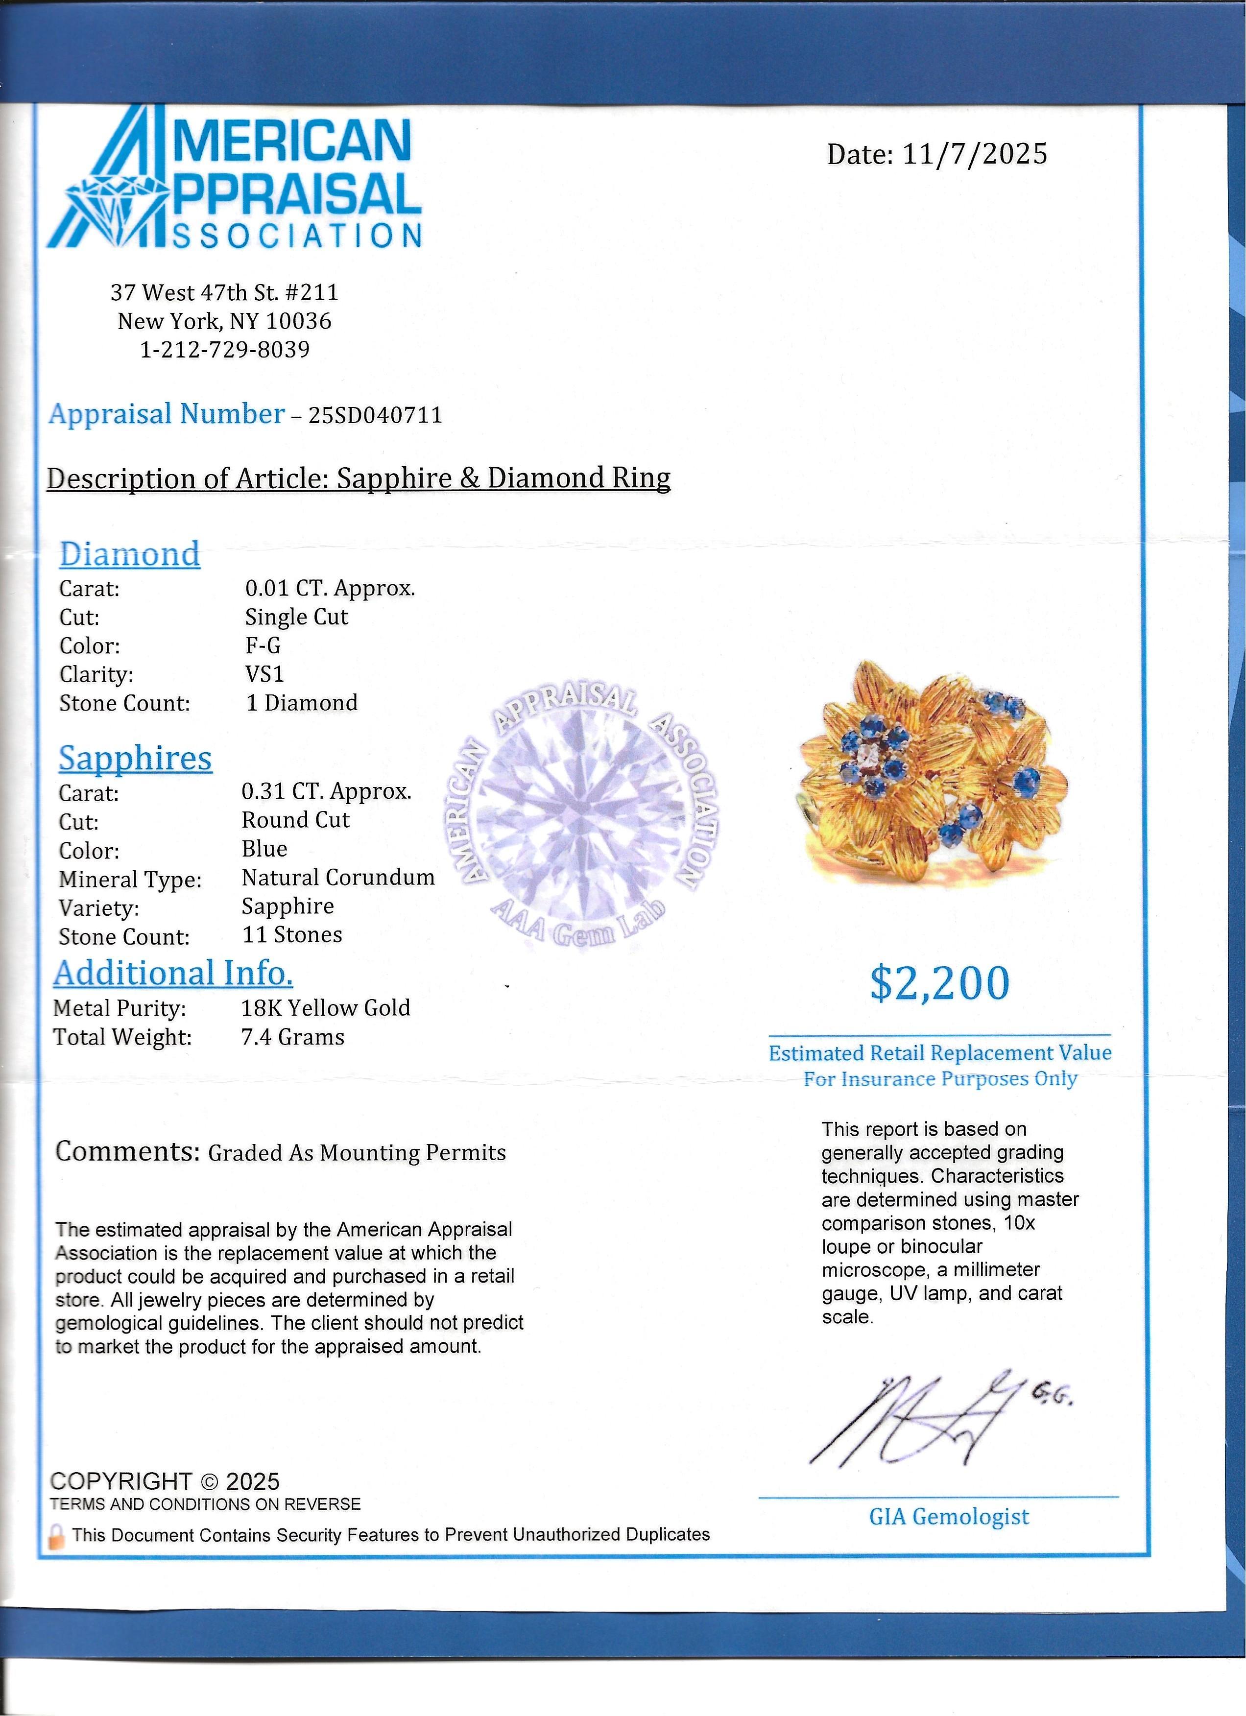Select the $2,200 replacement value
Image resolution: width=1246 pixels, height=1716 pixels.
click(939, 983)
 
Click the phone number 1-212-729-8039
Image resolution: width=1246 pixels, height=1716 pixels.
click(225, 350)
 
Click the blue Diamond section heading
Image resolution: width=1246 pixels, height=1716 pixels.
click(129, 554)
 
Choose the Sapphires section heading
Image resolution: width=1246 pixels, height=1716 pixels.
click(135, 759)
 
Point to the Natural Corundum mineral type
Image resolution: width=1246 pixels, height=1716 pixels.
click(338, 878)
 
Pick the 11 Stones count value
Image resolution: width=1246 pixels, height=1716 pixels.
click(292, 935)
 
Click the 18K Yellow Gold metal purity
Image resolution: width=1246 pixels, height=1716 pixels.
click(325, 1008)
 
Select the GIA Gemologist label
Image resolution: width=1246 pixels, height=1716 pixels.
click(949, 1517)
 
